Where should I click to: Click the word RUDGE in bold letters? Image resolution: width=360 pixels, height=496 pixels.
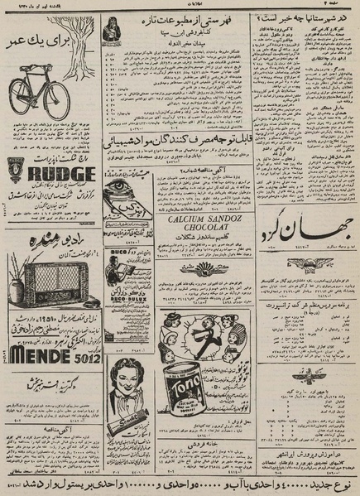(58, 174)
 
